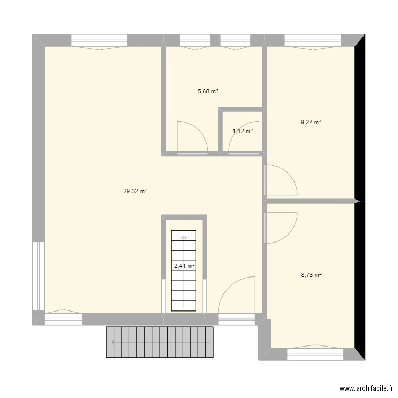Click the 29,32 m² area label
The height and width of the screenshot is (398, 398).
[135, 192]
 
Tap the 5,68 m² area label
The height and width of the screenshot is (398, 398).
[208, 91]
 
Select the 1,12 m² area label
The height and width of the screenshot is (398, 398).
[243, 131]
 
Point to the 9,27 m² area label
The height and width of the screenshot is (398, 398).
[311, 122]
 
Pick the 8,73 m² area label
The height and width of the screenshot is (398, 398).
[312, 275]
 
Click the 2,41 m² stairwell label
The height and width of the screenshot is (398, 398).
[184, 266]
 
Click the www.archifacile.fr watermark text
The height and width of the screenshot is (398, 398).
[366, 388]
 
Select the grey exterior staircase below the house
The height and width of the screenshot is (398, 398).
[160, 342]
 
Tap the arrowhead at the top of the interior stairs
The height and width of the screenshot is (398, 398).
[184, 238]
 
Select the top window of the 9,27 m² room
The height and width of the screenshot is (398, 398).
[313, 41]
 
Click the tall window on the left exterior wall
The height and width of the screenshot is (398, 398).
[39, 276]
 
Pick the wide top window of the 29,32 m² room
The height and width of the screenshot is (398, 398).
[99, 41]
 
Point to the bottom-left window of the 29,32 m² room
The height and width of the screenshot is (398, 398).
[64, 318]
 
